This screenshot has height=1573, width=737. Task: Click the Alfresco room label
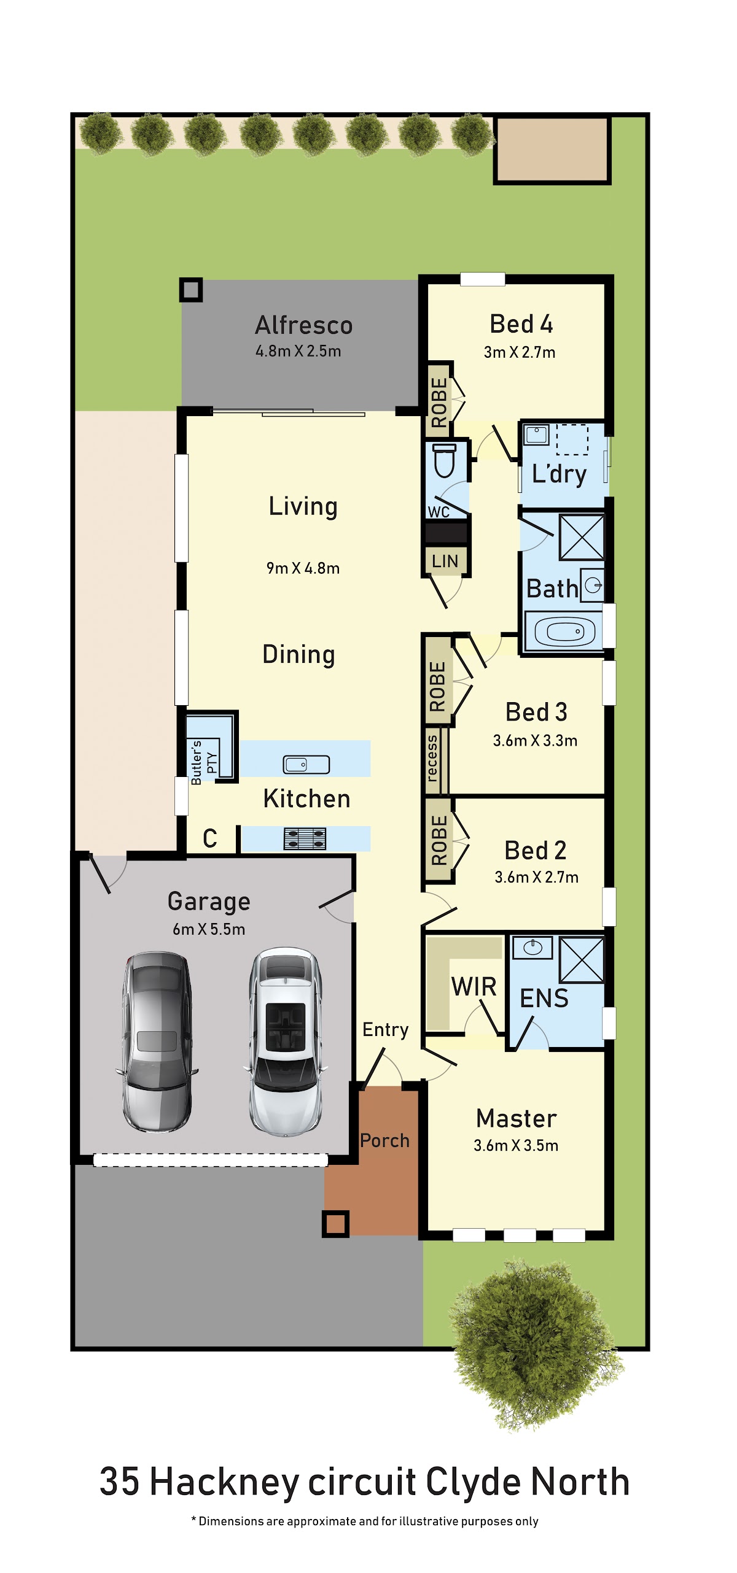303,325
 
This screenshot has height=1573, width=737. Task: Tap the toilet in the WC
444,460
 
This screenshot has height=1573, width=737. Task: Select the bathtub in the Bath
564,631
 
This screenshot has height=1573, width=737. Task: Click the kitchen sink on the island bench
306,764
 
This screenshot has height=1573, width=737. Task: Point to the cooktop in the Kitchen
305,838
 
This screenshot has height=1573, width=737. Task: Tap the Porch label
384,1140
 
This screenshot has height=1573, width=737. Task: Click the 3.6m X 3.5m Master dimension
516,1145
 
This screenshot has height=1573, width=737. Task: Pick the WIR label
474,987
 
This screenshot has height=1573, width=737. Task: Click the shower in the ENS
582,959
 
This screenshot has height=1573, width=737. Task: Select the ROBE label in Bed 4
439,402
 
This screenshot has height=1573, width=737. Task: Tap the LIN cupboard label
445,561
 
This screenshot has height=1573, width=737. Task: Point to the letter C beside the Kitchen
210,838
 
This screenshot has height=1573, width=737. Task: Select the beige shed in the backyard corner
552,150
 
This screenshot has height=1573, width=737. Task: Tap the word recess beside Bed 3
432,759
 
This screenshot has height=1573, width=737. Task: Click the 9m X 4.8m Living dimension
303,568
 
